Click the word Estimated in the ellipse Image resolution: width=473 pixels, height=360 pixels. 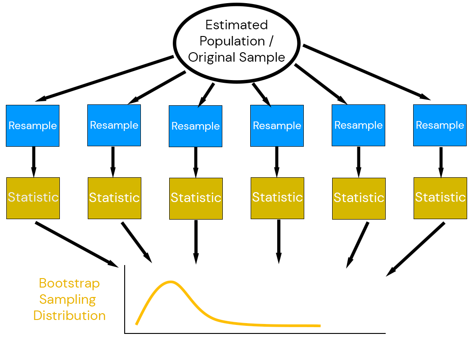coord(236,25)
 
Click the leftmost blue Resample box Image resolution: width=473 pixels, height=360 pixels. coord(32,126)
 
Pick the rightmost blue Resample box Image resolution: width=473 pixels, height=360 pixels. coord(440,125)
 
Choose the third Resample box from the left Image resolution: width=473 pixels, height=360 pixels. coord(195,126)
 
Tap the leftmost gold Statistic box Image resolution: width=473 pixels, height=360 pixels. coord(33,198)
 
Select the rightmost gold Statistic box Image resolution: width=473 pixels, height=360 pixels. coord(440,198)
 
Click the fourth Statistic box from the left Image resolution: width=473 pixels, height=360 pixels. coord(277,198)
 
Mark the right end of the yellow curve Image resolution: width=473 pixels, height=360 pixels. coord(319,325)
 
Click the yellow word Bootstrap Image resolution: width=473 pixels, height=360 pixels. coord(69,283)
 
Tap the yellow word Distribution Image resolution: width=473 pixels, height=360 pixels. coord(69,315)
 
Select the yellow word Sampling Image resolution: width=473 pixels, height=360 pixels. coord(68,299)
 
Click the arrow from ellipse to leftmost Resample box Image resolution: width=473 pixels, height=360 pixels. coord(108,78)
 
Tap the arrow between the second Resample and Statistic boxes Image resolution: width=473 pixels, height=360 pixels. coord(113,162)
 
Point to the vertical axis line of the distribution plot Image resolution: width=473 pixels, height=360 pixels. coord(125,299)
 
